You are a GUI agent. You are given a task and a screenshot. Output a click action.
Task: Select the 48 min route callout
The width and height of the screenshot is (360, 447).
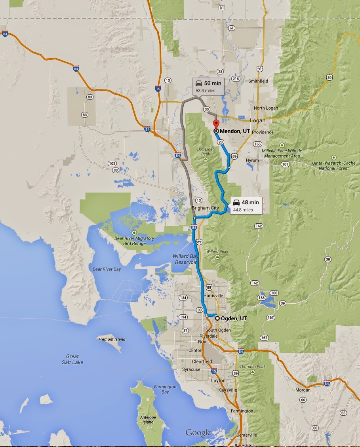pyautogui.click(x=246, y=205)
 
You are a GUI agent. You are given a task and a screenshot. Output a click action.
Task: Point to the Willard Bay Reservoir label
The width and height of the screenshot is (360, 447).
pyautogui.click(x=185, y=259)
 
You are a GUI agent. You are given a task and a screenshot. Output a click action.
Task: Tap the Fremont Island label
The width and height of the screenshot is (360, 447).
pyautogui.click(x=112, y=339)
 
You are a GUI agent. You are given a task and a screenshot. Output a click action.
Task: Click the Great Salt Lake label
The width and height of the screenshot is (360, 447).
pyautogui.click(x=72, y=359)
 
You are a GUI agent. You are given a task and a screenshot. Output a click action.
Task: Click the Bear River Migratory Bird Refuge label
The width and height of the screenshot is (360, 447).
pyautogui.click(x=135, y=241)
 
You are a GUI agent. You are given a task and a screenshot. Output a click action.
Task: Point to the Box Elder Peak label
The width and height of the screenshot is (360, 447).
pyautogui.click(x=205, y=152)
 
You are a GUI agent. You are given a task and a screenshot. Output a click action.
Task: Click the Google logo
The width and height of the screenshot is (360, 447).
pyautogui.click(x=198, y=433)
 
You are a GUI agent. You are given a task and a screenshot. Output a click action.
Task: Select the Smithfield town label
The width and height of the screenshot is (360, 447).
pyautogui.click(x=258, y=81)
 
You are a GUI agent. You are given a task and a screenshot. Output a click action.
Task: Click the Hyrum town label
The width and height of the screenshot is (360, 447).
pyautogui.click(x=252, y=161)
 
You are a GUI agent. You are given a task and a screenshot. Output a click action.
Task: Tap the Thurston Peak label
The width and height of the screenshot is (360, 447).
pyautogui.click(x=253, y=367)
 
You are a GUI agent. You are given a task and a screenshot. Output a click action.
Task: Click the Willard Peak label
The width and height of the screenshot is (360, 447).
pyautogui.click(x=217, y=252)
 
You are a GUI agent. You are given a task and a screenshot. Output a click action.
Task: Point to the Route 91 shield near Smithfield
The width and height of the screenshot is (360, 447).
pyautogui.click(x=259, y=68)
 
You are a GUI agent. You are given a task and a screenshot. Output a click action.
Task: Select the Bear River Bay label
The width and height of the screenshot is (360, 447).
pyautogui.click(x=107, y=269)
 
